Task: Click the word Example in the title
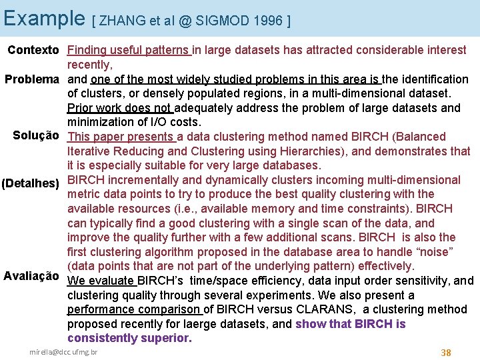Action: [43, 18]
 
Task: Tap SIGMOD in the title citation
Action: [221, 21]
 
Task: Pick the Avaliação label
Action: [31, 276]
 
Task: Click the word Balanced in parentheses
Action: [422, 137]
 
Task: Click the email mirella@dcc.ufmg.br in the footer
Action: [63, 351]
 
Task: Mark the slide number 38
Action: [446, 353]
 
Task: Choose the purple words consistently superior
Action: [129, 338]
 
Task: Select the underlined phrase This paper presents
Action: [121, 137]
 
